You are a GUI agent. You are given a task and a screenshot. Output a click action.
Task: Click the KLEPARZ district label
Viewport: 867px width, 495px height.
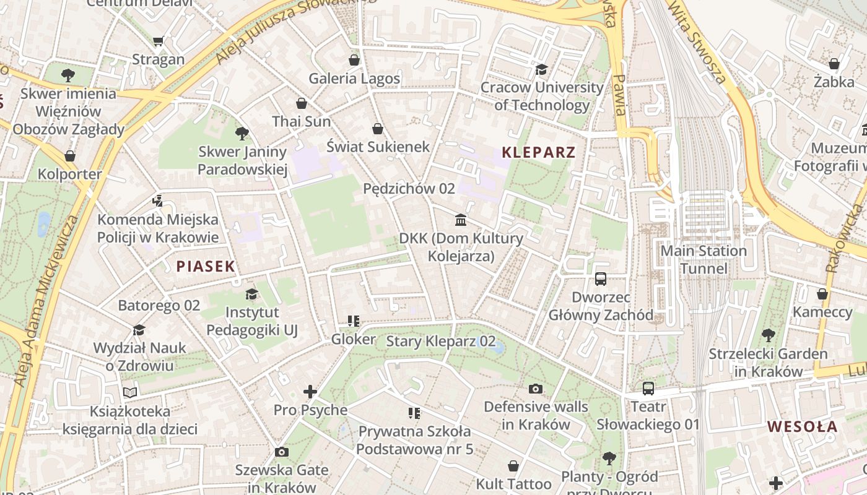pyautogui.click(x=538, y=152)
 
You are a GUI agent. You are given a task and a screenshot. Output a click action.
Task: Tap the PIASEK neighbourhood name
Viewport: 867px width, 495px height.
pyautogui.click(x=206, y=267)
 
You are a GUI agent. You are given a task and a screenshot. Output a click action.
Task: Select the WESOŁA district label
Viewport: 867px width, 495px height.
pyautogui.click(x=802, y=426)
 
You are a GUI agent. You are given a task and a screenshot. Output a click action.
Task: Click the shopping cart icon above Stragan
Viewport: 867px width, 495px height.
pyautogui.click(x=158, y=41)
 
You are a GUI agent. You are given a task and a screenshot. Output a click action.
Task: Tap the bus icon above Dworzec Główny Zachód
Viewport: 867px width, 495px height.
pyautogui.click(x=600, y=279)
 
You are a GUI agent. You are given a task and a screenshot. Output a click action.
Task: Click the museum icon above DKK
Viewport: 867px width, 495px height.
pyautogui.click(x=461, y=220)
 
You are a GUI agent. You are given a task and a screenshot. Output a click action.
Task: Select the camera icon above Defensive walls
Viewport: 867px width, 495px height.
pyautogui.click(x=536, y=389)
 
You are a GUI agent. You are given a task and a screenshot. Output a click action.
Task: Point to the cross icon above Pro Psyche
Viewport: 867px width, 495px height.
pyautogui.click(x=310, y=392)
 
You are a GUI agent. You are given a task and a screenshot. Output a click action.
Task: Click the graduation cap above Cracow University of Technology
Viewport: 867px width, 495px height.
pyautogui.click(x=542, y=69)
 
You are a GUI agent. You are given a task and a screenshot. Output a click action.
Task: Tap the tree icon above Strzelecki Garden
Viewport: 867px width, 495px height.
pyautogui.click(x=768, y=335)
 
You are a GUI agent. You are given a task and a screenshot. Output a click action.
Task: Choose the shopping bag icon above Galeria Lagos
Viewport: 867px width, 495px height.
pyautogui.click(x=354, y=60)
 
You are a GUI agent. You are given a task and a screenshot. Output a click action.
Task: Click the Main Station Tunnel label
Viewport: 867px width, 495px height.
pyautogui.click(x=704, y=259)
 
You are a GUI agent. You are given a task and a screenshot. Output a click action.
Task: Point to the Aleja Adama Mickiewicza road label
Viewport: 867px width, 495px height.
pyautogui.click(x=48, y=301)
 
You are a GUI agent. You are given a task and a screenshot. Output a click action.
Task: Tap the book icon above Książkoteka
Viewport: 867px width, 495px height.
pyautogui.click(x=129, y=392)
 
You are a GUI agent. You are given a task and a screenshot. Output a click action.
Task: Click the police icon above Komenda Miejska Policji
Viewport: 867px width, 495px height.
pyautogui.click(x=157, y=200)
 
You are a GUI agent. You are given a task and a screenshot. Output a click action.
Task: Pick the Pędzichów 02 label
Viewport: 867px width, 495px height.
pyautogui.click(x=409, y=189)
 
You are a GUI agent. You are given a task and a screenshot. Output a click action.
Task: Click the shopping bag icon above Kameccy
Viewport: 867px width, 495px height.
pyautogui.click(x=822, y=294)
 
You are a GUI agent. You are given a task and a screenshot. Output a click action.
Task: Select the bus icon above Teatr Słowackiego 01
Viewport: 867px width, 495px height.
pyautogui.click(x=648, y=389)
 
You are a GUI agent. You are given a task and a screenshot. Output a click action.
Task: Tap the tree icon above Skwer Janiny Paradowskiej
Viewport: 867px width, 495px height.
pyautogui.click(x=242, y=133)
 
